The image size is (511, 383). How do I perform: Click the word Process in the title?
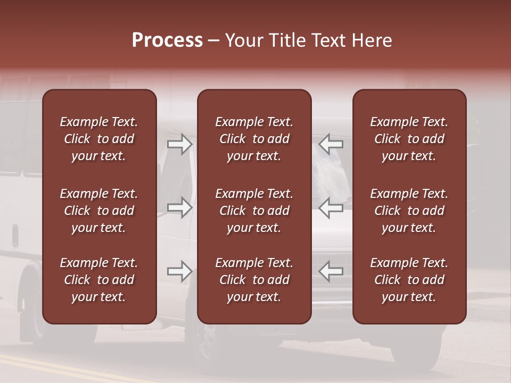(167, 40)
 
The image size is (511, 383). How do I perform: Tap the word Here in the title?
(372, 40)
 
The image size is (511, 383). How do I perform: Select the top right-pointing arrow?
(179, 144)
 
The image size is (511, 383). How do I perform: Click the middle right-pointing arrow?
(179, 207)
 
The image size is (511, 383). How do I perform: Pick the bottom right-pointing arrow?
(179, 271)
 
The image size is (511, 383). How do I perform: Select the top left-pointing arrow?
(331, 144)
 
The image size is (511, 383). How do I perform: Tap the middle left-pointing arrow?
(331, 207)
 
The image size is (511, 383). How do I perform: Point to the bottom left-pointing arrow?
(331, 271)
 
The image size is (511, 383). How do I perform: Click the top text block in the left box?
(99, 139)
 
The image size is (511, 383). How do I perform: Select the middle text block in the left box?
(99, 211)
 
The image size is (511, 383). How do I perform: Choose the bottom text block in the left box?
(99, 280)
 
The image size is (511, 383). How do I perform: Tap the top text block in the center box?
(254, 139)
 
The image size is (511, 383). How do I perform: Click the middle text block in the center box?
(254, 211)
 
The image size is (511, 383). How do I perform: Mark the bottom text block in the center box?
(254, 280)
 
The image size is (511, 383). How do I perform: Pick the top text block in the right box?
(409, 139)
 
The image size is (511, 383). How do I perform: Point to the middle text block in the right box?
(409, 211)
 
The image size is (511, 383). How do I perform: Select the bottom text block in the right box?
(409, 280)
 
